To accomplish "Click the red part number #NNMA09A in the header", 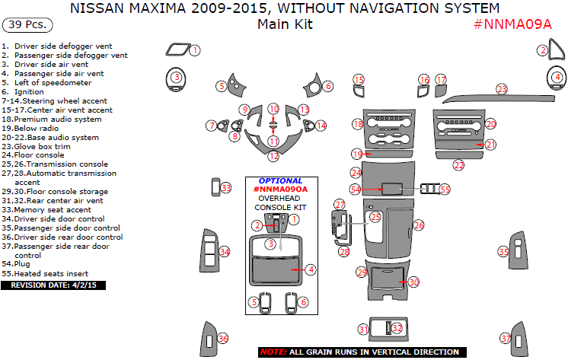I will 512,24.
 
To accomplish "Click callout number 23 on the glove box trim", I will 502,89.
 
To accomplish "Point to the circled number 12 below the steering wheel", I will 273,156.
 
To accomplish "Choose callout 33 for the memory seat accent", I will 225,187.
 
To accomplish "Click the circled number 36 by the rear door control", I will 222,339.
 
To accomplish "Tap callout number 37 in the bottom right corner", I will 505,339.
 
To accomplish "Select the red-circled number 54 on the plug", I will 356,189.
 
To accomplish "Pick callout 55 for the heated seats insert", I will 445,189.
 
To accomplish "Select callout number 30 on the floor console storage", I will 413,282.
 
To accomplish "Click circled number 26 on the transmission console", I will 418,226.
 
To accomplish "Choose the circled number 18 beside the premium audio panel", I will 358,124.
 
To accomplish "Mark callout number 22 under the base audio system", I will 458,164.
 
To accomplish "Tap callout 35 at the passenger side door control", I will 503,252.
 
